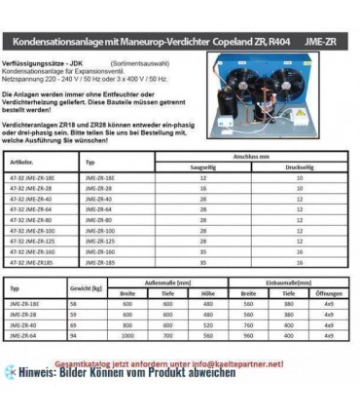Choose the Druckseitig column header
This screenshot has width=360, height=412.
[x=300, y=167]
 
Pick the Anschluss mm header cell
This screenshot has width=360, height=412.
[x=251, y=155]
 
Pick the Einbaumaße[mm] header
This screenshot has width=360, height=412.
[x=284, y=281]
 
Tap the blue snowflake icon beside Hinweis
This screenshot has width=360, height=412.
[x=11, y=371]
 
